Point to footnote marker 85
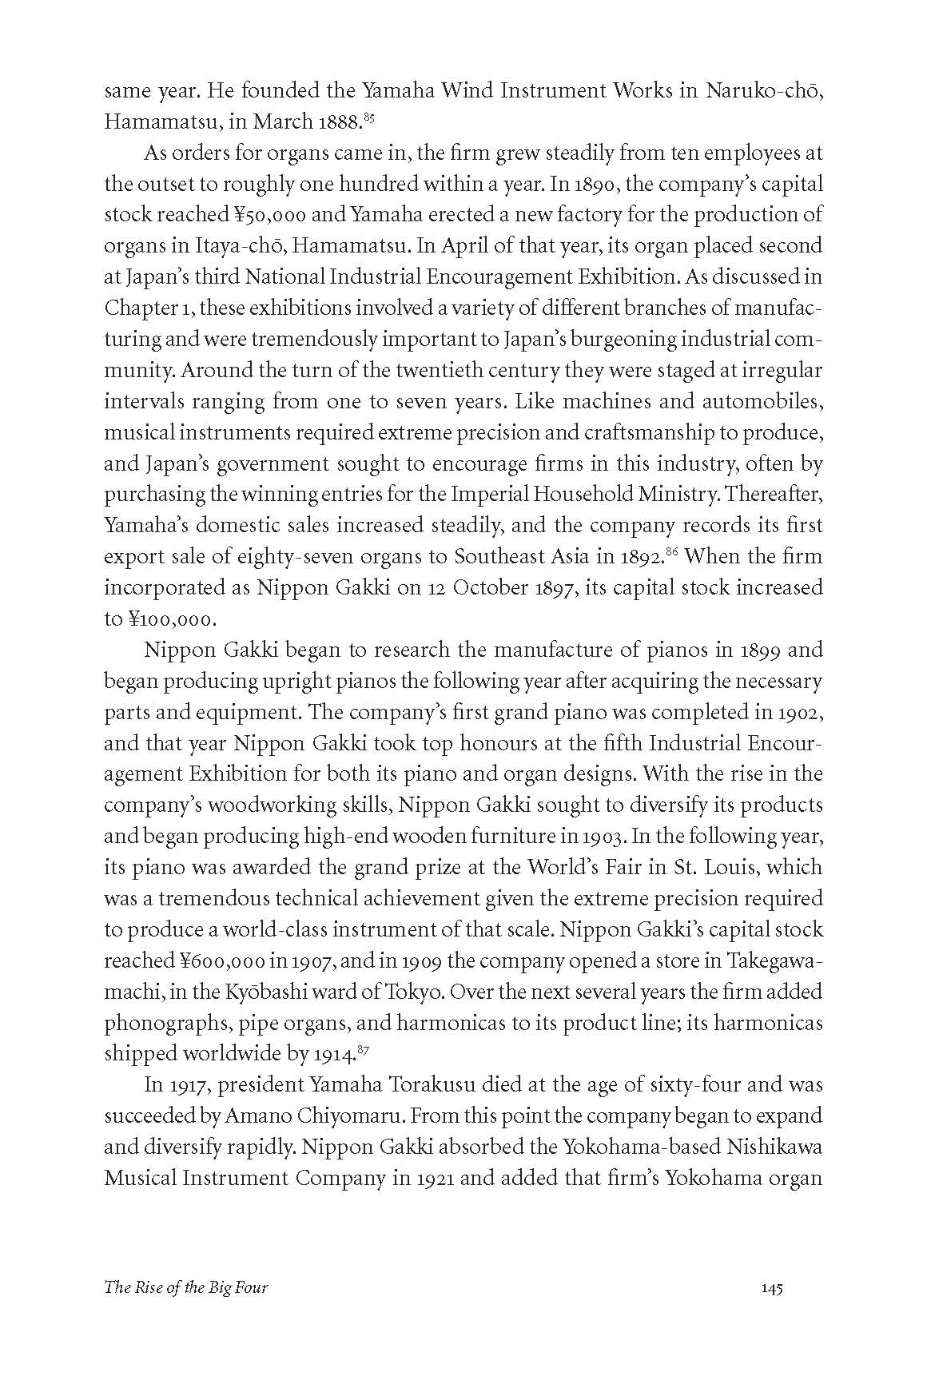(x=368, y=118)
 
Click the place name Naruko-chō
(x=764, y=90)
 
